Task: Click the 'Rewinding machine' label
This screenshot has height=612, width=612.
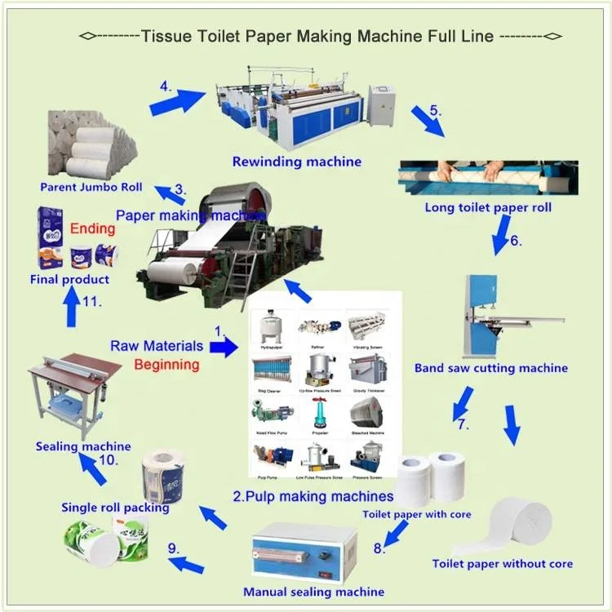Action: pyautogui.click(x=296, y=162)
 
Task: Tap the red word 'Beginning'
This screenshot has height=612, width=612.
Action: pyautogui.click(x=166, y=364)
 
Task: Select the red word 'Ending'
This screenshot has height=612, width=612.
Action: pyautogui.click(x=92, y=228)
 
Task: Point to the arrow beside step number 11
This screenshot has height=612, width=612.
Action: pyautogui.click(x=72, y=308)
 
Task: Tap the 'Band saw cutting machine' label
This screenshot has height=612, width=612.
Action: pyautogui.click(x=490, y=368)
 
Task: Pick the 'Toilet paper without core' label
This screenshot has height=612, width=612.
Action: pyautogui.click(x=502, y=563)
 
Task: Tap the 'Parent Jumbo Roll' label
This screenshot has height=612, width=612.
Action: pyautogui.click(x=91, y=187)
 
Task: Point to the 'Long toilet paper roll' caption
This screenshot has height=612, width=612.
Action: pyautogui.click(x=488, y=207)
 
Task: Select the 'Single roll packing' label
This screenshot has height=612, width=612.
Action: pyautogui.click(x=115, y=508)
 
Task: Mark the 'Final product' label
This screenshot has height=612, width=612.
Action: pyautogui.click(x=69, y=279)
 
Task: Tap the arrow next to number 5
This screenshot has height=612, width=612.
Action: pyautogui.click(x=427, y=121)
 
